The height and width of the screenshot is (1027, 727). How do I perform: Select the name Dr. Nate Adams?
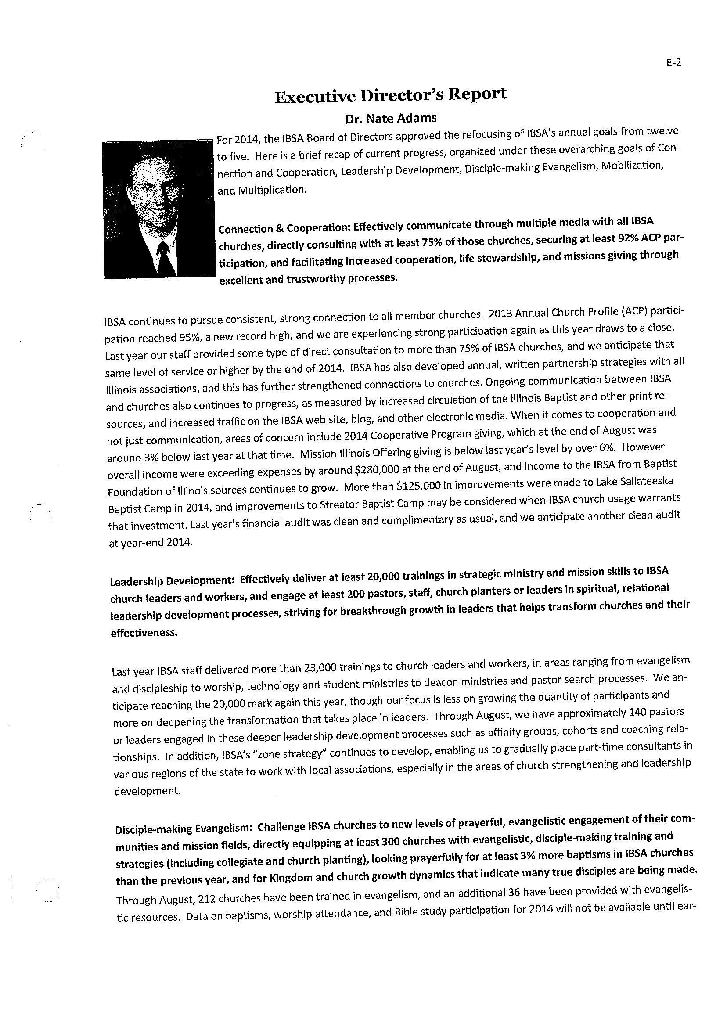[x=390, y=119]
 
